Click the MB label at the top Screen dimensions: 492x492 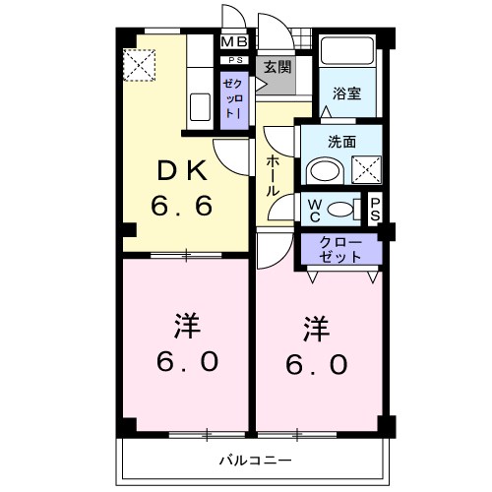pos(234,41)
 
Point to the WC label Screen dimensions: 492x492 pos(313,208)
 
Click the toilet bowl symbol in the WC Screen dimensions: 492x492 pos(340,208)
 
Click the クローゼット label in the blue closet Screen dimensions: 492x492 pos(340,249)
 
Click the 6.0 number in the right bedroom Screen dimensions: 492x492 pos(318,364)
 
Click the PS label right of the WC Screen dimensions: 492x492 pos(375,209)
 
